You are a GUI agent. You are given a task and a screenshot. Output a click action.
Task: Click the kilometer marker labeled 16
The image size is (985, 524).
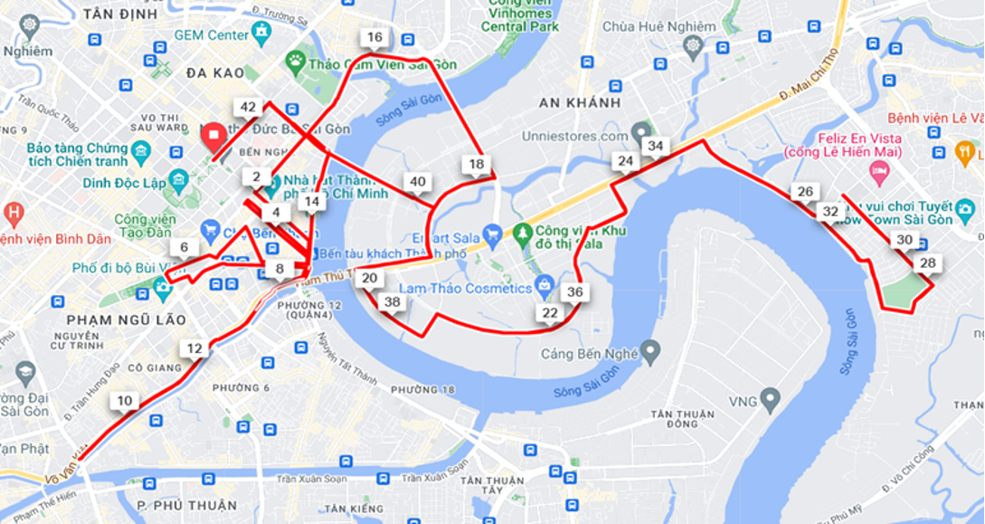[x=374, y=37]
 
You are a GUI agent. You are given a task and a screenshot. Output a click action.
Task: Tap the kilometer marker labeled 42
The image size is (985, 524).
[x=248, y=107]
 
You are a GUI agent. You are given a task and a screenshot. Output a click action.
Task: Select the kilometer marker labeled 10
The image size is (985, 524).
[x=125, y=401]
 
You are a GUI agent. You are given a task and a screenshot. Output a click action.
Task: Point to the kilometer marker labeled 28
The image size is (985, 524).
[x=927, y=263]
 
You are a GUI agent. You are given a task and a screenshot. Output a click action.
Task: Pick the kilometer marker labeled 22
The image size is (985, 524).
[x=550, y=313]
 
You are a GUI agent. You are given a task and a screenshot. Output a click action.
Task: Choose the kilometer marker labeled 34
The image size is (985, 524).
[x=656, y=146]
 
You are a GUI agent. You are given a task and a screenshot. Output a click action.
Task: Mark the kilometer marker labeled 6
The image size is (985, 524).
[x=185, y=247]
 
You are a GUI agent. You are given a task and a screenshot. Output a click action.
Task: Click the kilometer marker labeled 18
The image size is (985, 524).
[x=476, y=164]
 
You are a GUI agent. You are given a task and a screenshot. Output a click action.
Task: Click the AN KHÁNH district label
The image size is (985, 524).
[x=580, y=102]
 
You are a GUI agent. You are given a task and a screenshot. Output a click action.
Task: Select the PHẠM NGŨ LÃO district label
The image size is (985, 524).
[x=126, y=319]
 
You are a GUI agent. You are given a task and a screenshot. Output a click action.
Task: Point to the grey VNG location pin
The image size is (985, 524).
[x=770, y=396]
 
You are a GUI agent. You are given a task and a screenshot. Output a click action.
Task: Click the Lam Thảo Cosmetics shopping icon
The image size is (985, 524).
[x=544, y=287]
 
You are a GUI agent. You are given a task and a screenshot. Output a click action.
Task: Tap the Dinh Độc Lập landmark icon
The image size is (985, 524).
[x=177, y=181]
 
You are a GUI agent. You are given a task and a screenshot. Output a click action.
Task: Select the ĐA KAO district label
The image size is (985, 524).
[x=215, y=72]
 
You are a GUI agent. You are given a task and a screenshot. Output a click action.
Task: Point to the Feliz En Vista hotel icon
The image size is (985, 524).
[x=879, y=170]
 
